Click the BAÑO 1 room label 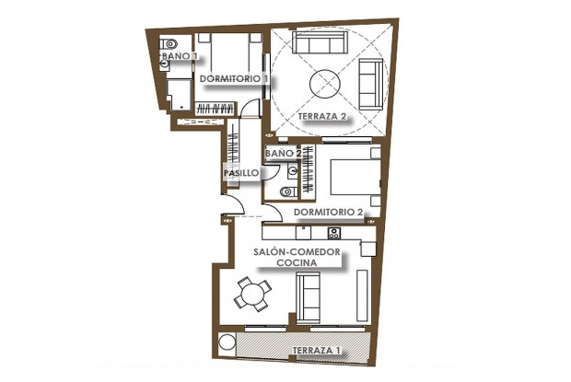(x=180, y=56)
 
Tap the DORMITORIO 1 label (x=235, y=78)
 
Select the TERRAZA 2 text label (x=322, y=117)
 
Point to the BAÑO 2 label (x=284, y=154)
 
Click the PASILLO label (x=241, y=173)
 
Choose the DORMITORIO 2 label (x=329, y=212)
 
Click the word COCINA (x=297, y=262)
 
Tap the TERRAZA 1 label (x=317, y=351)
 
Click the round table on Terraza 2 (x=325, y=84)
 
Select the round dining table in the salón (x=252, y=295)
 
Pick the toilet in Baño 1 (x=169, y=44)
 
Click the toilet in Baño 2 (x=289, y=191)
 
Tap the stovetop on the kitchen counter (x=334, y=233)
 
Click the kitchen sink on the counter (x=303, y=233)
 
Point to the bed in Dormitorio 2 (x=355, y=177)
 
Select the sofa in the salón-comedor (x=309, y=297)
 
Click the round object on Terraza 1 (x=227, y=342)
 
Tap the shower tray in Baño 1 (x=180, y=95)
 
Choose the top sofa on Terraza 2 (x=319, y=42)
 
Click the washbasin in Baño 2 (x=293, y=171)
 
